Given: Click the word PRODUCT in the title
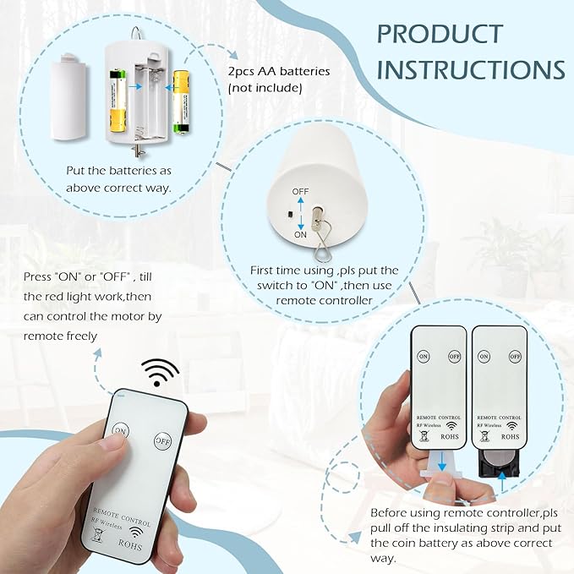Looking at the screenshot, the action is tap(440, 34).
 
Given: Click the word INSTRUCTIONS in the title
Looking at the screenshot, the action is tap(471, 69).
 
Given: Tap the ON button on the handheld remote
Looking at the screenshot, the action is tap(120, 430).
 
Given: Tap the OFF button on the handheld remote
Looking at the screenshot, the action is tap(162, 441).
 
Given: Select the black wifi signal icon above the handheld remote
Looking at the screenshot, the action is tap(161, 372).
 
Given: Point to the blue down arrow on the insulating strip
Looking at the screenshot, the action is tap(442, 462).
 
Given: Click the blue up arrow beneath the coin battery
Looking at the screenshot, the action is tap(502, 482).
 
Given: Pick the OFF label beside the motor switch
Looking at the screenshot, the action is tap(300, 191).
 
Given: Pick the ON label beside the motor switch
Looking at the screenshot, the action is tap(300, 235).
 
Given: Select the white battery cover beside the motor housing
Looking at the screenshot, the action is tap(68, 97).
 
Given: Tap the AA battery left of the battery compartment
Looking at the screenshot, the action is tap(118, 101).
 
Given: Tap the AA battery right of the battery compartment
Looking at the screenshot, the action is tap(182, 101).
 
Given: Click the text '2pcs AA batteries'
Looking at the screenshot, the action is tap(279, 71).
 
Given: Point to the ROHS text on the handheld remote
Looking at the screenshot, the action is tap(130, 544).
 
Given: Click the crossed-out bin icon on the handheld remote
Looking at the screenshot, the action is tap(96, 535).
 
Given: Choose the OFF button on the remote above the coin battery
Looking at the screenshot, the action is tap(515, 356).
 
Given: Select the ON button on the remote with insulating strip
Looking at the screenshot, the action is tap(424, 356).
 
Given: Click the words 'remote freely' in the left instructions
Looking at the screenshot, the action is tap(60, 336).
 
